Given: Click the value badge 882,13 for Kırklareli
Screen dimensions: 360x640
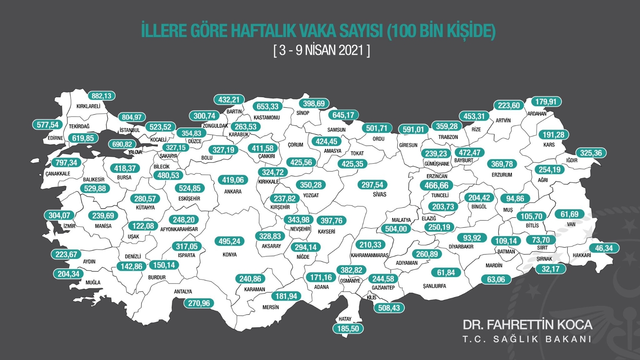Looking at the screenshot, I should [102, 96].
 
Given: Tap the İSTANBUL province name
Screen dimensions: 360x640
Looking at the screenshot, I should [130, 130].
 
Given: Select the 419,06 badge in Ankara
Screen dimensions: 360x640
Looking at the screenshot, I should [233, 180].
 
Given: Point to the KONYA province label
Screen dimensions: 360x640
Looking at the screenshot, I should [230, 254].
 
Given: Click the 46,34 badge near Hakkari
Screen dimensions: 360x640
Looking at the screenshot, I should [604, 248].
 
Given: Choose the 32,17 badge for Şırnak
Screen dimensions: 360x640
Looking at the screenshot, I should [550, 269].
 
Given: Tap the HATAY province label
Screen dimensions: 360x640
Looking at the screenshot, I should [345, 319].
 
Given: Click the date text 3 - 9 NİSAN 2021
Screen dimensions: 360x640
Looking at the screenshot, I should [322, 50].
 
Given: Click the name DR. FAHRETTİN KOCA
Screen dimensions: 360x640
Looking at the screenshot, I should [527, 324].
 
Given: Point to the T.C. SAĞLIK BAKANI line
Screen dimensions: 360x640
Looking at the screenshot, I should [527, 339].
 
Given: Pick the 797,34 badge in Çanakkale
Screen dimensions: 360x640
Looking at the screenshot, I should [66, 163].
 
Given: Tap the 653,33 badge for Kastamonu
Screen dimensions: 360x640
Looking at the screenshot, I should [268, 107].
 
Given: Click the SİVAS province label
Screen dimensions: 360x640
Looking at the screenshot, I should [380, 194].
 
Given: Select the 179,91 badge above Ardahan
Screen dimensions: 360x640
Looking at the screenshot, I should [546, 102].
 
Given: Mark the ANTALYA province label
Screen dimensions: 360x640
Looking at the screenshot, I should [183, 292].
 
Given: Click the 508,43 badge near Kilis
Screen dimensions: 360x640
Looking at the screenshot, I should [389, 308].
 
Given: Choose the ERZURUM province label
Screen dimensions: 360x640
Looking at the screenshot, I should [502, 175].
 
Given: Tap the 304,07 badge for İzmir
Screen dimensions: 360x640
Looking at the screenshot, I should [59, 216].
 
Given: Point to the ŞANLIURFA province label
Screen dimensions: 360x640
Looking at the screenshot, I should [434, 286].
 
